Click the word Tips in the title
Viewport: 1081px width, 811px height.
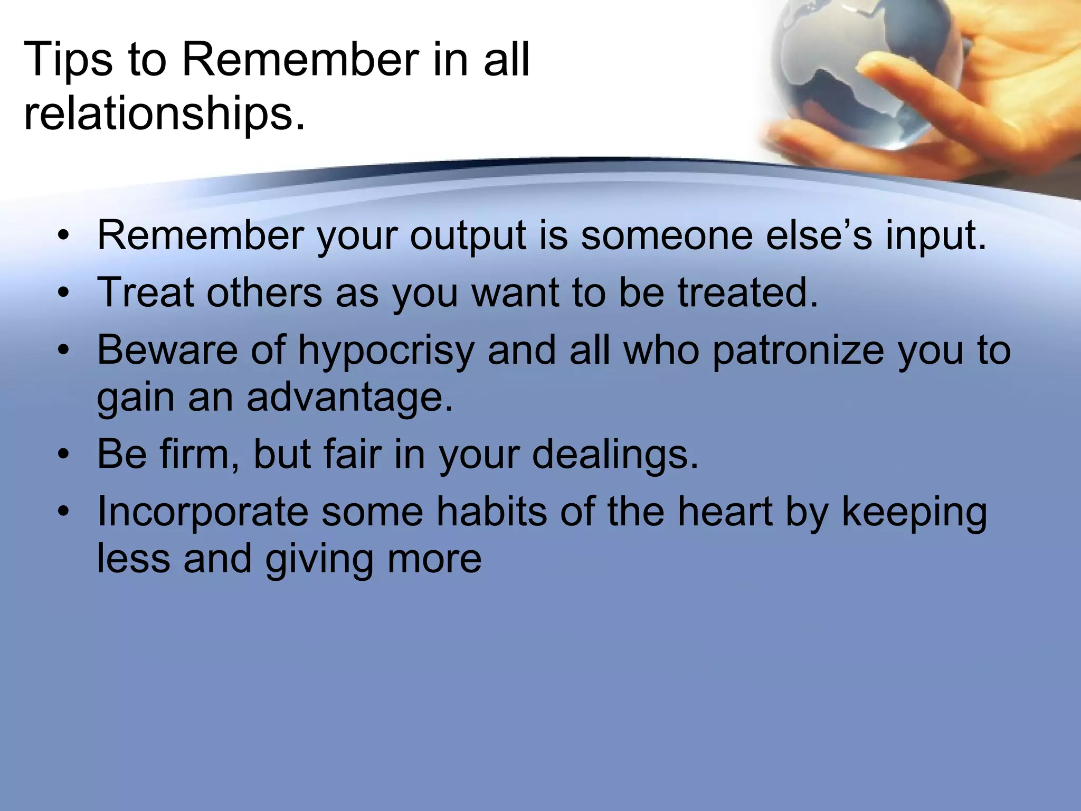coord(68,60)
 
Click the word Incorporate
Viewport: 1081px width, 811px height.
coord(203,512)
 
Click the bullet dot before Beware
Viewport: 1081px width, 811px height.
coord(64,351)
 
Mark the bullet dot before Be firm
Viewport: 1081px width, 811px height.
coord(64,455)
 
